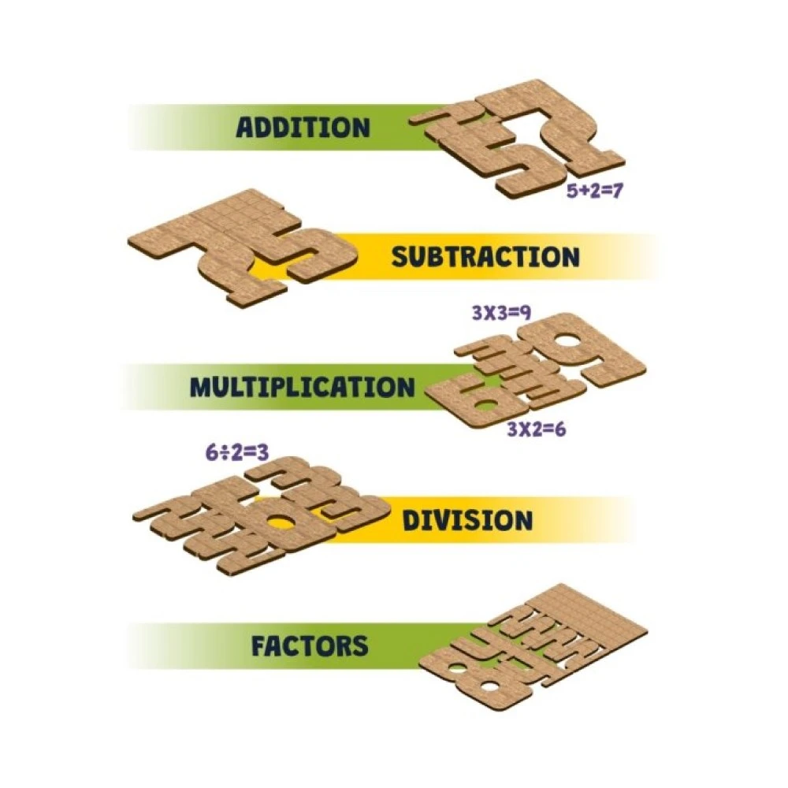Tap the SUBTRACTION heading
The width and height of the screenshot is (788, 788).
(485, 257)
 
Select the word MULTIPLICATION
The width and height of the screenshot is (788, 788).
(302, 388)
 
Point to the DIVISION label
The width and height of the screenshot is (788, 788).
(467, 520)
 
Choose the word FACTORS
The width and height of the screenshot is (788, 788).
(310, 646)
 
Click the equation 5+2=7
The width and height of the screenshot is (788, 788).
(595, 191)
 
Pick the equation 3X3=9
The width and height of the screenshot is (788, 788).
(501, 313)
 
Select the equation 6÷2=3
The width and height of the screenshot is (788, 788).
(236, 453)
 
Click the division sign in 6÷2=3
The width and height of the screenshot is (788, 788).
(225, 453)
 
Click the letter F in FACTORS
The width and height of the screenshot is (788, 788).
(259, 646)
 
